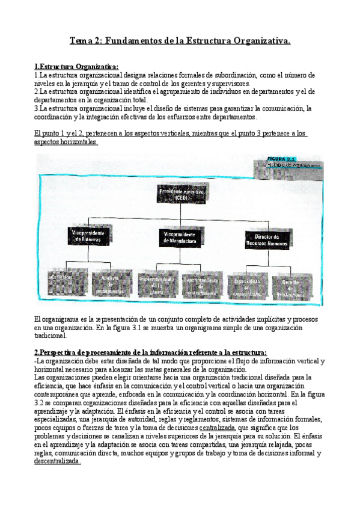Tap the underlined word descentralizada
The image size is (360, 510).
click(x=57, y=461)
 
